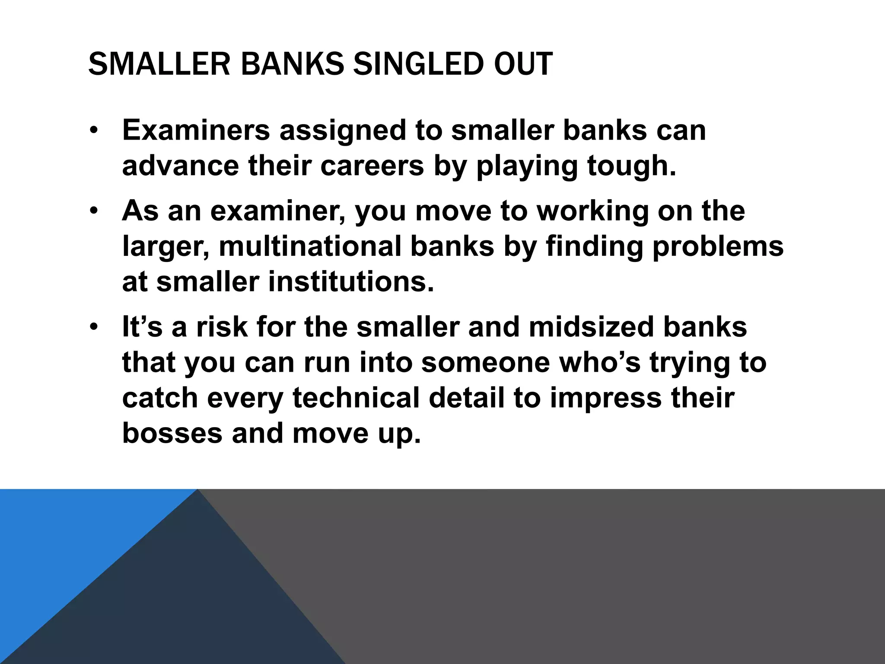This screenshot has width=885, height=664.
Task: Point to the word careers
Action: pyautogui.click(x=372, y=166)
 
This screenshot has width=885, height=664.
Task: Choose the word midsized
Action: pyautogui.click(x=591, y=327)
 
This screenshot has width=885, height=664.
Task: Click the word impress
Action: pyautogui.click(x=605, y=399)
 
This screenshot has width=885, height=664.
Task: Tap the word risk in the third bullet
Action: pyautogui.click(x=222, y=327)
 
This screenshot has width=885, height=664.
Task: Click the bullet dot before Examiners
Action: pyautogui.click(x=94, y=131)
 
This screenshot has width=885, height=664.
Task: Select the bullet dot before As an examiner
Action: pyautogui.click(x=94, y=211)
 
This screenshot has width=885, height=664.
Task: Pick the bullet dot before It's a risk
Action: pyautogui.click(x=94, y=327)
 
